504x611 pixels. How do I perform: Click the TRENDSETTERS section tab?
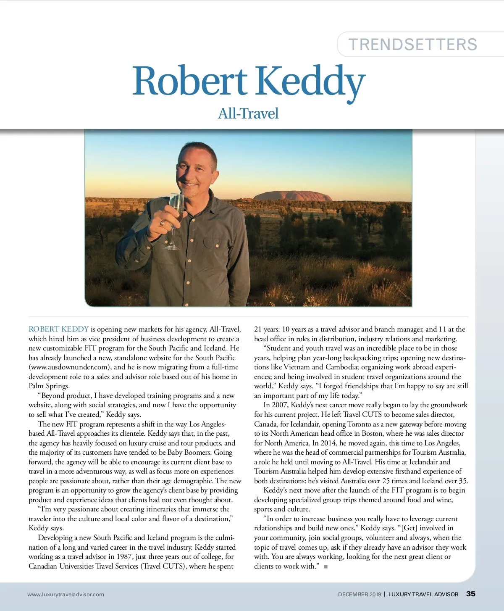click(x=413, y=45)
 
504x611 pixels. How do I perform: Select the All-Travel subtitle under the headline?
click(x=248, y=113)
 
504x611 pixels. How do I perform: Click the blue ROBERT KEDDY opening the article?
click(x=59, y=329)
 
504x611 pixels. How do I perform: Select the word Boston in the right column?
click(x=368, y=433)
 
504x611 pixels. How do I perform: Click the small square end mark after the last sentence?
click(x=325, y=566)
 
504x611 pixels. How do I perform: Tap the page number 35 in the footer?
click(x=471, y=594)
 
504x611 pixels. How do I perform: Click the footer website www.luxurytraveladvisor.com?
click(x=66, y=594)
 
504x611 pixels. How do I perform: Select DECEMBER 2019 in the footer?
click(x=359, y=594)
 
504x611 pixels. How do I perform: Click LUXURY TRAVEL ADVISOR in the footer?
click(x=423, y=594)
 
